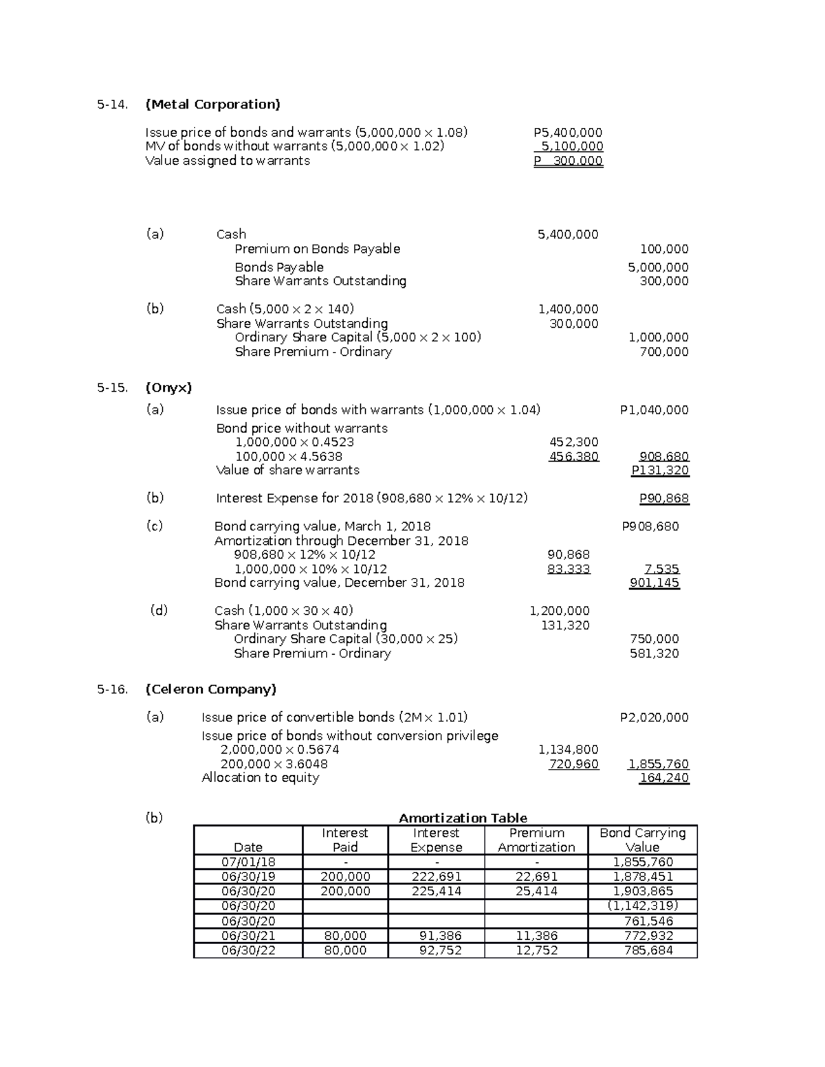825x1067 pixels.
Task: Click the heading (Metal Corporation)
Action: click(212, 104)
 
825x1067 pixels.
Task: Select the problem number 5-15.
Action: click(112, 388)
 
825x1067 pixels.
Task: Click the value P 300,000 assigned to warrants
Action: click(568, 161)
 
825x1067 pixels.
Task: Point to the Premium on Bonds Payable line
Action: click(317, 249)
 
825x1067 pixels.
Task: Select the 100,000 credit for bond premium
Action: click(663, 249)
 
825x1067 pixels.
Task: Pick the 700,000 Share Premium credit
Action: click(663, 352)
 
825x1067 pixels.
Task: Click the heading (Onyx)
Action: click(168, 388)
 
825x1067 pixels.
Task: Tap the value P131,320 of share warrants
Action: click(660, 471)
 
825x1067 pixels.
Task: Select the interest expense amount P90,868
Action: click(663, 499)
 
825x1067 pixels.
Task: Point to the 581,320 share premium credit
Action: click(654, 653)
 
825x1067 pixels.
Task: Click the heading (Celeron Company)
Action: click(210, 689)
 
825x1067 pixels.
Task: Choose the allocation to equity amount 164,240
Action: click(663, 778)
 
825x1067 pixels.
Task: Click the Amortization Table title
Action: click(463, 818)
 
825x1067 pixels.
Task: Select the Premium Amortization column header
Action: click(536, 840)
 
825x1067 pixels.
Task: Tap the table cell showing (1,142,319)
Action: click(642, 906)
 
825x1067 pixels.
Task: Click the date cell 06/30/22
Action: click(247, 951)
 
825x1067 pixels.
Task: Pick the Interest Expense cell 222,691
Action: click(436, 877)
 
